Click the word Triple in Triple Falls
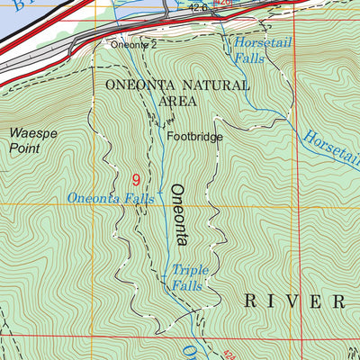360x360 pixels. coord(190,269)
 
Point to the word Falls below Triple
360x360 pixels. coord(186,286)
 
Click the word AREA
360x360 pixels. coord(178,102)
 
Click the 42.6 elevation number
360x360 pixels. coord(198,7)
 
